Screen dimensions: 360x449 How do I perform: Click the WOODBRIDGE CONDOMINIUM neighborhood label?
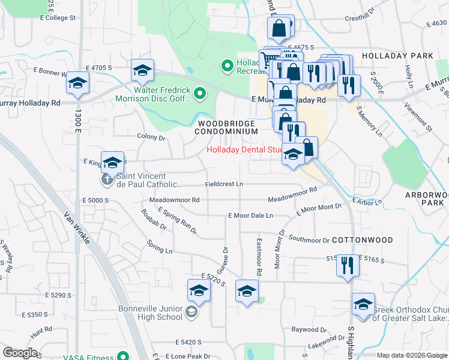[x=228, y=127]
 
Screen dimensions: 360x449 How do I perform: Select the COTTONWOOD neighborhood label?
[x=362, y=240]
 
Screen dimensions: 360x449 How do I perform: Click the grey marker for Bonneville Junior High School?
[x=190, y=312]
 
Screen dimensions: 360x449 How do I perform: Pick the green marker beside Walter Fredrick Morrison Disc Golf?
[x=200, y=94]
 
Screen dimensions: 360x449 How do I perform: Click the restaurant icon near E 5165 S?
[x=347, y=265]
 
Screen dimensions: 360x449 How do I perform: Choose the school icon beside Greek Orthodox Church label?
[x=363, y=305]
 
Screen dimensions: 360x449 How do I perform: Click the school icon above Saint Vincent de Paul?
[x=112, y=162]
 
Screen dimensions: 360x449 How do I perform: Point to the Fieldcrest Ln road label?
[x=224, y=184]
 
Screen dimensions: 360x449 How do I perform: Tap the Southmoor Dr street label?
[x=309, y=240]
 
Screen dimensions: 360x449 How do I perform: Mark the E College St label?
[x=58, y=18]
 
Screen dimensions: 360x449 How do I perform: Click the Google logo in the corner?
[x=20, y=353]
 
